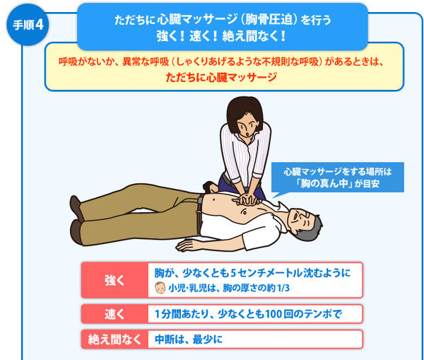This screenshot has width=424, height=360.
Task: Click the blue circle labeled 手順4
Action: click(x=28, y=25)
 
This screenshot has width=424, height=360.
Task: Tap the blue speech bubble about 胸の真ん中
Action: click(x=338, y=178)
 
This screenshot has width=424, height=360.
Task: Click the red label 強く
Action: click(x=114, y=280)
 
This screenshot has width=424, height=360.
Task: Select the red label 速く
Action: click(x=114, y=314)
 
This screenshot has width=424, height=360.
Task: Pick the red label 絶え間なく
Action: click(x=114, y=339)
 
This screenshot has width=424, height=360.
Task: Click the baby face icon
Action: click(x=160, y=288)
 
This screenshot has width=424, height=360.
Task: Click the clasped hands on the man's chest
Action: click(x=247, y=199)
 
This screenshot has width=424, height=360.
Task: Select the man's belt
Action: click(x=199, y=214)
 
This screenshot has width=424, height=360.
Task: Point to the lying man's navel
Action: click(x=214, y=199)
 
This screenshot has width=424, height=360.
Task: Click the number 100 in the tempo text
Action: click(x=274, y=314)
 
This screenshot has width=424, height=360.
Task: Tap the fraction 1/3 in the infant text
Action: click(x=283, y=288)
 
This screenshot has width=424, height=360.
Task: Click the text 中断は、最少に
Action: click(x=189, y=339)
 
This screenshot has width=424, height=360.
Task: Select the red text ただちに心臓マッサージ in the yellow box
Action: click(x=221, y=77)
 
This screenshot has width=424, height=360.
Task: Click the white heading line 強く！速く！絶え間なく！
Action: click(x=221, y=36)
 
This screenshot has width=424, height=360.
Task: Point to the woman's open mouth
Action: click(x=248, y=134)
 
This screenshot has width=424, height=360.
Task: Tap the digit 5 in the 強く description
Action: click(x=233, y=274)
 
